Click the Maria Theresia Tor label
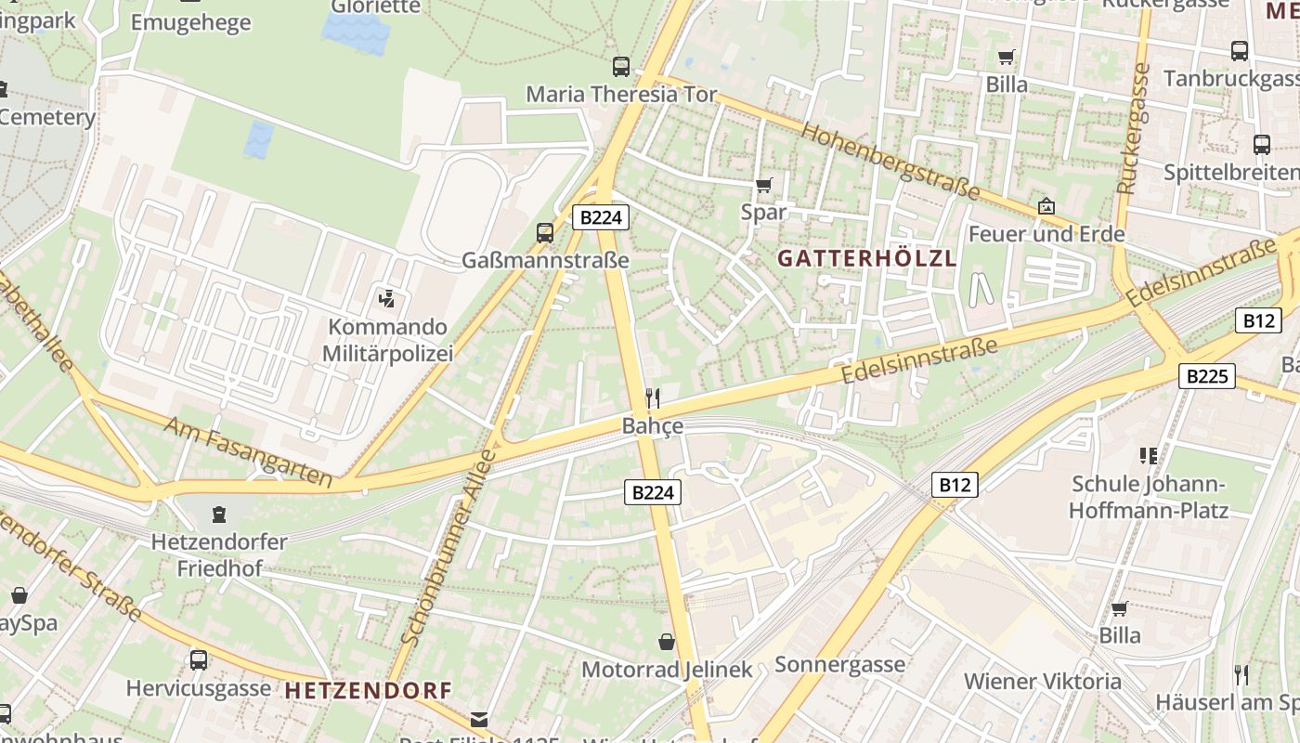coord(621,95)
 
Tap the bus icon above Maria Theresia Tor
coord(621,67)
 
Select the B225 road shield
coord(1207,376)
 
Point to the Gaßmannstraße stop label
coord(545,261)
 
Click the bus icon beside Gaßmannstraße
coord(545,233)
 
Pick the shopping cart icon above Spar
coord(763,185)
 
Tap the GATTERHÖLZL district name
coord(866,259)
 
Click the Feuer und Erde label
coord(1046,234)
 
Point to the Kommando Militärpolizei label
coord(387,340)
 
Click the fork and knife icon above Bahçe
coord(653,399)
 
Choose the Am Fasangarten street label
coord(248,451)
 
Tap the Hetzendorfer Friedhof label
coord(219,554)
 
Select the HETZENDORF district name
coord(368,691)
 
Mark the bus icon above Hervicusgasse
coord(198,660)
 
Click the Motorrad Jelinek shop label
coord(666,670)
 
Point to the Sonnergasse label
coord(839,664)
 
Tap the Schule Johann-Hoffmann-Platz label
coord(1148,497)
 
